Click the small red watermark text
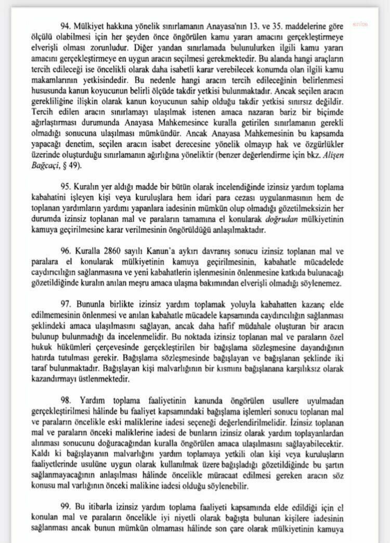[360, 24]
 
